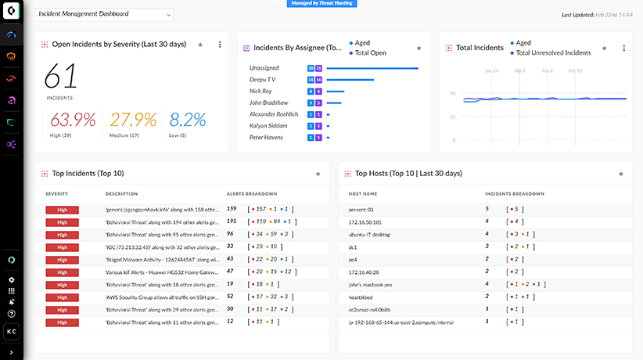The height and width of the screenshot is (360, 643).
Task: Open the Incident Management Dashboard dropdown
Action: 104,14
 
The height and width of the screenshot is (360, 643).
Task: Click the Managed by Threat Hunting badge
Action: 321,3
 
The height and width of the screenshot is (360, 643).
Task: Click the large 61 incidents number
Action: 60,77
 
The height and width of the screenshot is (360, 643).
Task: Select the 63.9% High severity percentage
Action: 73,120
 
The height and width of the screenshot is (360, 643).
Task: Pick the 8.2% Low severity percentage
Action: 188,120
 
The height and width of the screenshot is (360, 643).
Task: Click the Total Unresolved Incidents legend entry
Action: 552,52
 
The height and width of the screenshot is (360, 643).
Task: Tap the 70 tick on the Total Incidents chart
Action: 452,94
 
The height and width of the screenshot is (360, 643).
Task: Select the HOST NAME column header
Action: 362,193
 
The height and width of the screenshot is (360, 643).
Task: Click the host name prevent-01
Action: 361,210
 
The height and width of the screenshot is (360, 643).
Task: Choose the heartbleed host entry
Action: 361,297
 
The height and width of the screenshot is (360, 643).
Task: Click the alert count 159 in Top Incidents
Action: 232,209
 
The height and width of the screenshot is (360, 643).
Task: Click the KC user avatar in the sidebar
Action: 11,332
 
